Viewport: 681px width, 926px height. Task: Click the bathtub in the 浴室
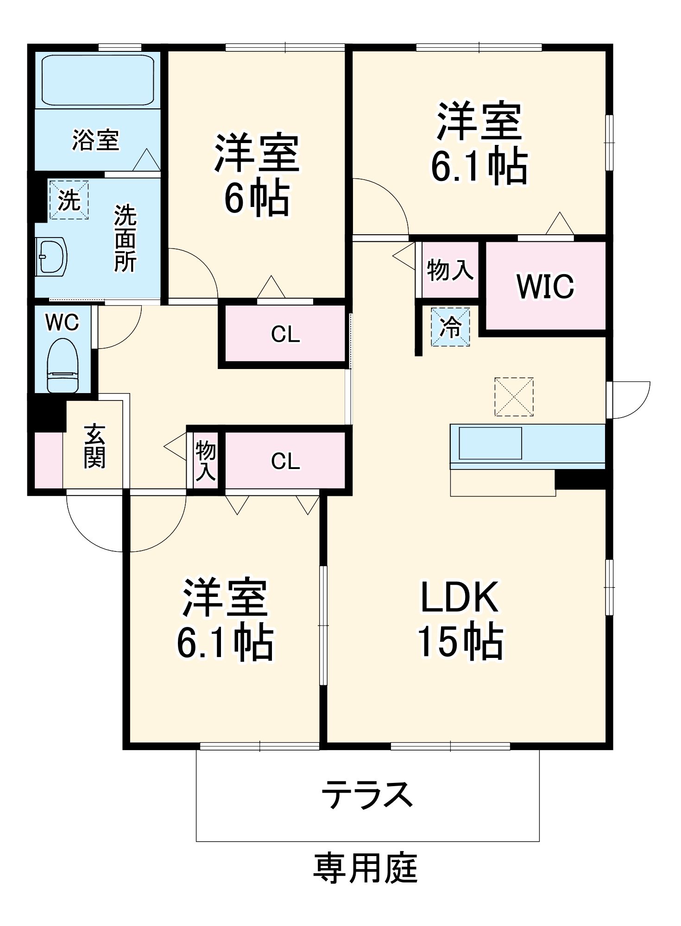pyautogui.click(x=97, y=81)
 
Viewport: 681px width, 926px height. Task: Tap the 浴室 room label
pyautogui.click(x=96, y=140)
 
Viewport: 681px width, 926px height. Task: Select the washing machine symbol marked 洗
pyautogui.click(x=69, y=200)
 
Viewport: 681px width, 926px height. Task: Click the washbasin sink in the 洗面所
pyautogui.click(x=51, y=257)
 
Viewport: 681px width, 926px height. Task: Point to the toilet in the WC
pyautogui.click(x=63, y=366)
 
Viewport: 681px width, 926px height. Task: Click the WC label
pyautogui.click(x=63, y=323)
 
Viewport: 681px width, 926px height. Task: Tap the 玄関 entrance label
pyautogui.click(x=95, y=446)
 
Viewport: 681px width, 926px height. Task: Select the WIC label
pyautogui.click(x=545, y=287)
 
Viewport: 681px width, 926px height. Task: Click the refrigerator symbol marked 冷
pyautogui.click(x=450, y=327)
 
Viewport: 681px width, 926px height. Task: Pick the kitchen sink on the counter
pyautogui.click(x=490, y=443)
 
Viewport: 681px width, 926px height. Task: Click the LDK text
pyautogui.click(x=460, y=598)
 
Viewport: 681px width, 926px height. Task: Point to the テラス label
pyautogui.click(x=367, y=794)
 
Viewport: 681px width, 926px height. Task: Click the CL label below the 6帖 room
pyautogui.click(x=285, y=334)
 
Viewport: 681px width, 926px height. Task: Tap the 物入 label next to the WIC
pyautogui.click(x=450, y=270)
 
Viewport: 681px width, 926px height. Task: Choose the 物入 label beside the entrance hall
pyautogui.click(x=206, y=461)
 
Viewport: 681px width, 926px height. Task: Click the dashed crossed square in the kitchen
pyautogui.click(x=514, y=397)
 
